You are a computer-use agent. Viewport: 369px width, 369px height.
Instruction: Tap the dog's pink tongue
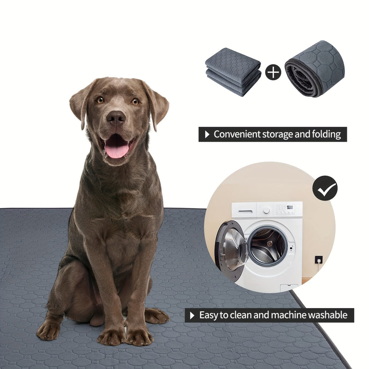pyautogui.click(x=116, y=149)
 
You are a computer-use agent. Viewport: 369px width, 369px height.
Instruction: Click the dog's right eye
pyautogui.click(x=100, y=100)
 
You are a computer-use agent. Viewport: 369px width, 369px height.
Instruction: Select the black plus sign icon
pyautogui.click(x=273, y=72)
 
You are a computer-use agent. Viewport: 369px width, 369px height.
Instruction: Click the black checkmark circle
pyautogui.click(x=325, y=188)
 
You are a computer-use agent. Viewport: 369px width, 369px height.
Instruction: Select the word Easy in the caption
pyautogui.click(x=208, y=315)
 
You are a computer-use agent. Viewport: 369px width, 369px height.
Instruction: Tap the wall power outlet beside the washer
pyautogui.click(x=318, y=260)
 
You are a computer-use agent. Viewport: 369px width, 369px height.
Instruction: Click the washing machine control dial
pyautogui.click(x=266, y=210)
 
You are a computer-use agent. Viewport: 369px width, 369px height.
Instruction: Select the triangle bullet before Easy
pyautogui.click(x=192, y=315)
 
